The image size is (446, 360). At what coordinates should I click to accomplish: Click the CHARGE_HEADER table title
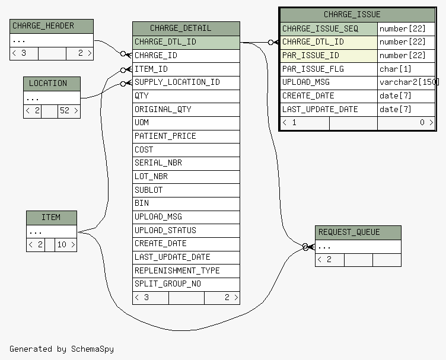point(43,26)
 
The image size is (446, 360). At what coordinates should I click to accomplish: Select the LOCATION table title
point(48,83)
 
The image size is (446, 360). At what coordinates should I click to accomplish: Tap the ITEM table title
point(51,217)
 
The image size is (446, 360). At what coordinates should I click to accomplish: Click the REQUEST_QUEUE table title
point(349,232)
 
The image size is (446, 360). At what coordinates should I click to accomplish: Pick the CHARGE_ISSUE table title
point(352,14)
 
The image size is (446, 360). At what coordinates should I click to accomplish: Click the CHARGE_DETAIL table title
point(181,28)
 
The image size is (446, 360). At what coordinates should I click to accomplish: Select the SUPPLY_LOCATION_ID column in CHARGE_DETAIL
point(186,83)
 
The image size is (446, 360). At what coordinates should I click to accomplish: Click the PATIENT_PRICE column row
point(186,136)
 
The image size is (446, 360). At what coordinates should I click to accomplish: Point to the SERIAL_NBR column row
point(186,163)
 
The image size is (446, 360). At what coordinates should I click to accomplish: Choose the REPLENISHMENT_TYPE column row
point(186,271)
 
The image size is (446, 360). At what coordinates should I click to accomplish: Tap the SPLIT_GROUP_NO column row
point(186,284)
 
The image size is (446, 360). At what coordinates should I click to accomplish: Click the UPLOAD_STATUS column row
point(186,231)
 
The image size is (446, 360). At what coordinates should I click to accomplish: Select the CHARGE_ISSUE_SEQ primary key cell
point(329,29)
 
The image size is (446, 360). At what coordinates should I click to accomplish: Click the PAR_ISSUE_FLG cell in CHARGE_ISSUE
point(329,69)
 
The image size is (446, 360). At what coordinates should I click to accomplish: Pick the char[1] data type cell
point(406,69)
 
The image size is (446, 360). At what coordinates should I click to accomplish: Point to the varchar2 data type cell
point(406,83)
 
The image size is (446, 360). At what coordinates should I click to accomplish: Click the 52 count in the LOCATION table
point(65,111)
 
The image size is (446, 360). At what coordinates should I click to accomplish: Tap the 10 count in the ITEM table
point(62,244)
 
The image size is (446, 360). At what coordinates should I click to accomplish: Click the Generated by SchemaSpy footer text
point(62,349)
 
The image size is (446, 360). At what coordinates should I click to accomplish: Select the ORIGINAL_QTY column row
point(186,110)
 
